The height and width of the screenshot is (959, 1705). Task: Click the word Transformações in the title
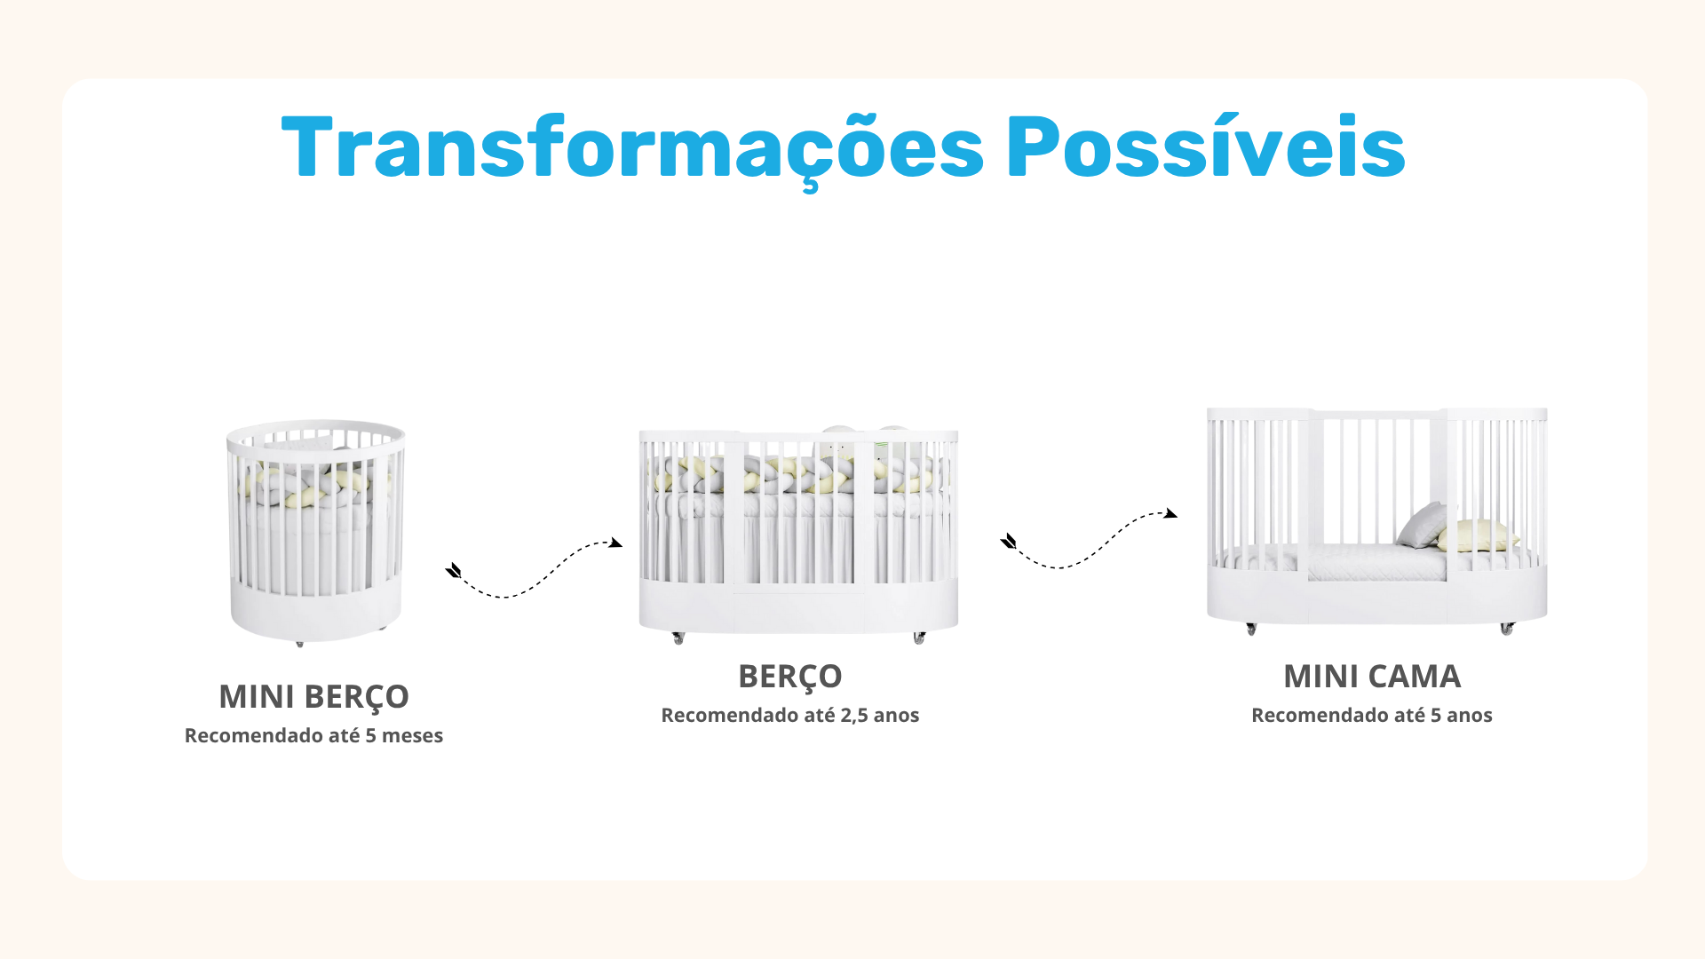pyautogui.click(x=632, y=148)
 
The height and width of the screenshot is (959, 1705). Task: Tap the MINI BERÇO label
pyautogui.click(x=313, y=697)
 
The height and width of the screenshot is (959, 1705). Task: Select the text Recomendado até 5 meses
pyautogui.click(x=313, y=735)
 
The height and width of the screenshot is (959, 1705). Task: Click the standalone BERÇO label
pyautogui.click(x=790, y=677)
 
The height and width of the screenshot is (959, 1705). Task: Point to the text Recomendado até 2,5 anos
pyautogui.click(x=790, y=715)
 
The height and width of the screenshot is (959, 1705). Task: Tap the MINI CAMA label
pyautogui.click(x=1372, y=677)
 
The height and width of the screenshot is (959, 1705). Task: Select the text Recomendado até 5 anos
pyautogui.click(x=1372, y=715)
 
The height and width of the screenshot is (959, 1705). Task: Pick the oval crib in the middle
pyautogui.click(x=798, y=533)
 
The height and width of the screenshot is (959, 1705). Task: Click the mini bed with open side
pyautogui.click(x=1376, y=520)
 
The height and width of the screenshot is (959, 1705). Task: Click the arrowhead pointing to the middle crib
pyautogui.click(x=615, y=543)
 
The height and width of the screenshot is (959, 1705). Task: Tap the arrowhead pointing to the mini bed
pyautogui.click(x=1171, y=513)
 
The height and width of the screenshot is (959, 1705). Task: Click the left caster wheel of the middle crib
pyautogui.click(x=678, y=638)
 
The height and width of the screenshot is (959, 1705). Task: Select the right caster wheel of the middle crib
pyautogui.click(x=919, y=638)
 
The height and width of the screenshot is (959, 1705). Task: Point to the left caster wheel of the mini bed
pyautogui.click(x=1251, y=629)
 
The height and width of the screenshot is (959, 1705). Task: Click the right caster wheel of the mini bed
pyautogui.click(x=1507, y=629)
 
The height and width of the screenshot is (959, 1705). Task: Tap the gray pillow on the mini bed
pyautogui.click(x=1422, y=525)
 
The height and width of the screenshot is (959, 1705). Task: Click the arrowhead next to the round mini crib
pyautogui.click(x=454, y=570)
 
